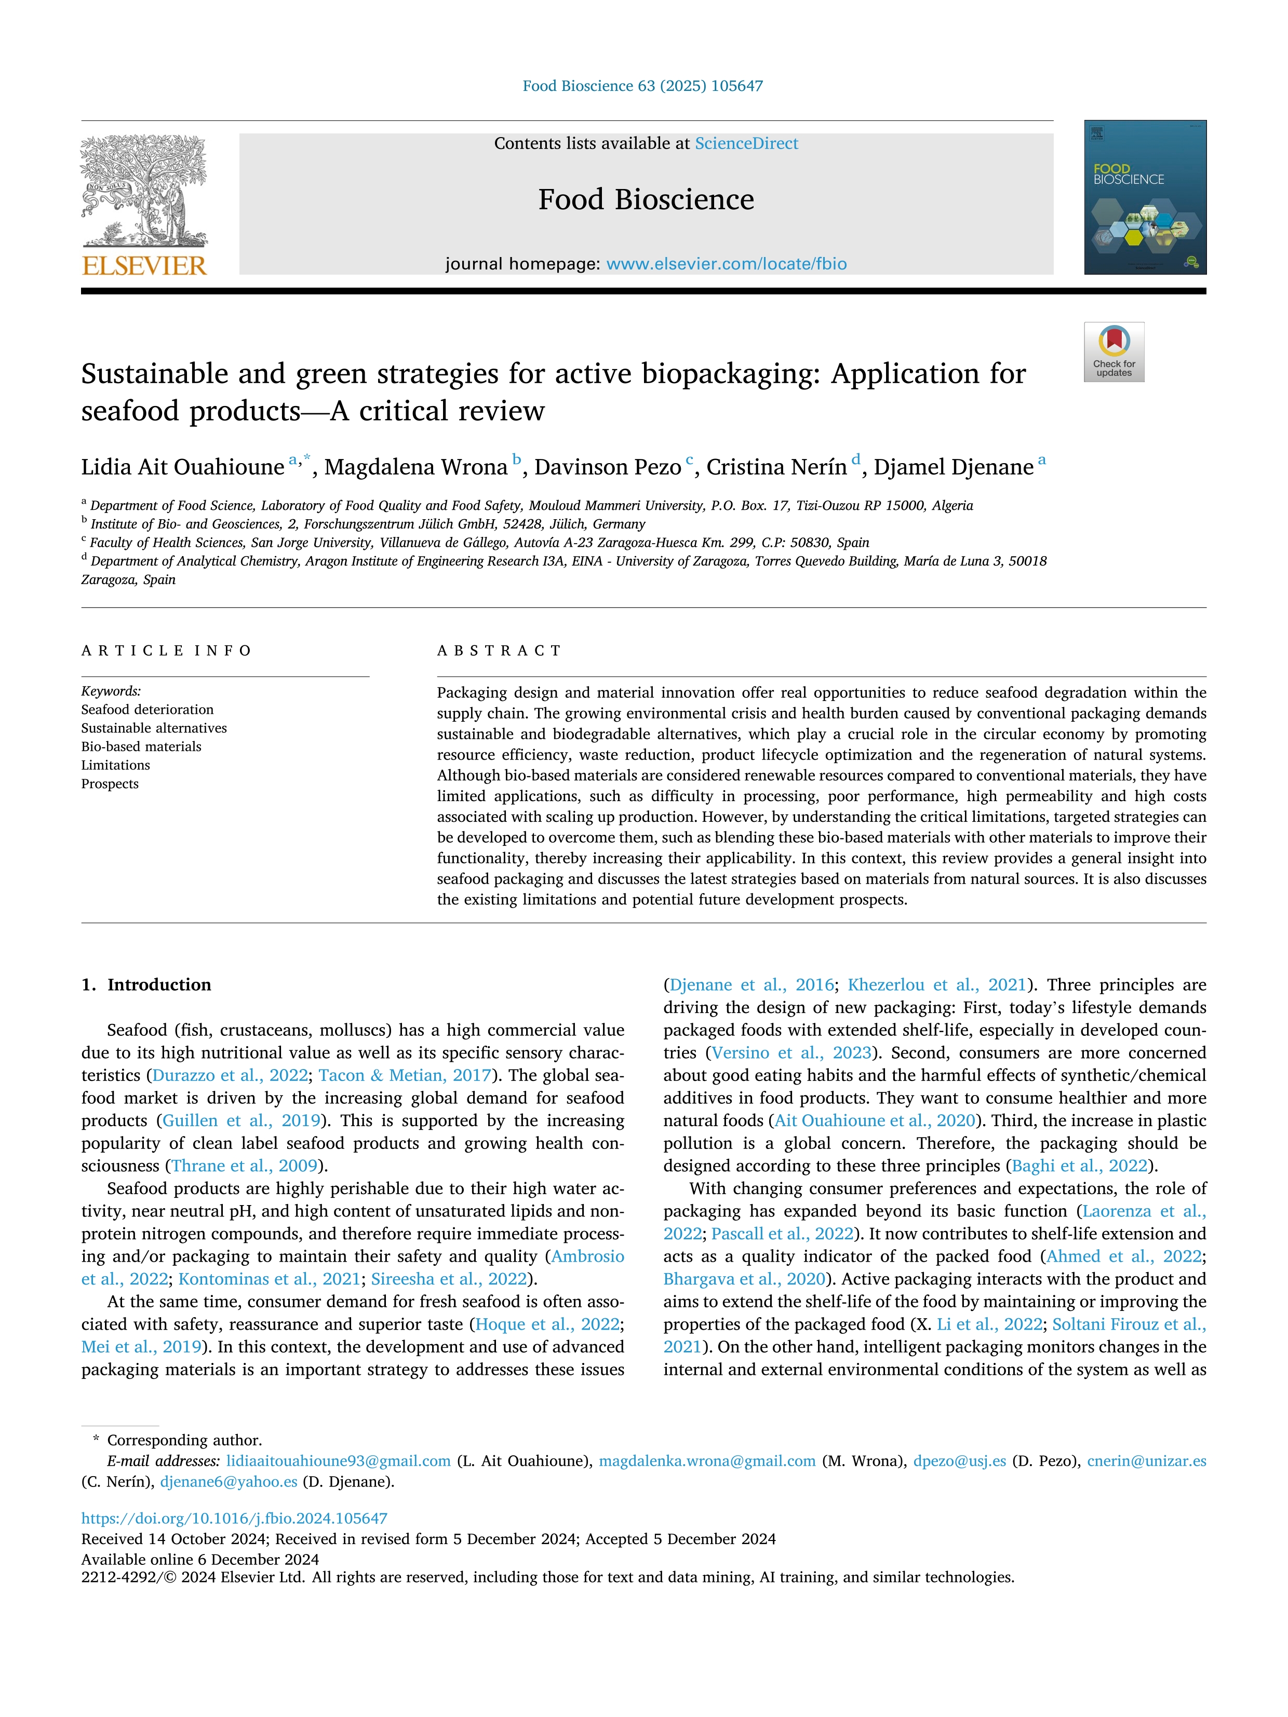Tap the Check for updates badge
point(1113,351)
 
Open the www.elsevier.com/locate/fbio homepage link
point(726,264)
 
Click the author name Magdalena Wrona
point(415,467)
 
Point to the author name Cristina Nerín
point(775,467)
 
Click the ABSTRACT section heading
point(499,651)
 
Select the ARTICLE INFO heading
point(166,651)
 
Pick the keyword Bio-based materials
point(141,747)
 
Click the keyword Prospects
point(110,784)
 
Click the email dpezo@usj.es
point(959,1461)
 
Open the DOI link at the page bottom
point(234,1518)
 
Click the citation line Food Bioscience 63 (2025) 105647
point(643,86)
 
